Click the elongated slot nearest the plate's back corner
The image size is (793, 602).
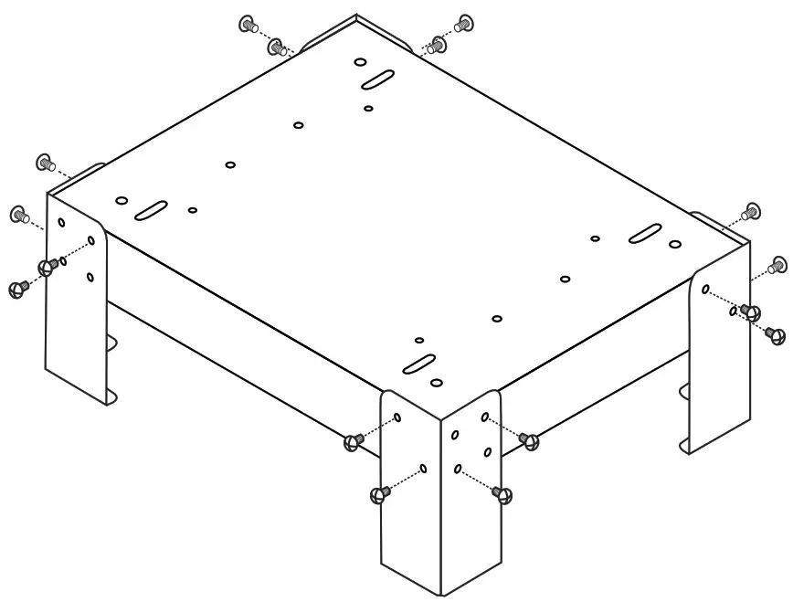[377, 79]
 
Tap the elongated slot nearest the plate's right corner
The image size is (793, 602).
[645, 233]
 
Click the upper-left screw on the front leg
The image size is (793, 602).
[354, 443]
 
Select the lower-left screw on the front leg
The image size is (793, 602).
[378, 494]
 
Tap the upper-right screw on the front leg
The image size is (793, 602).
[529, 441]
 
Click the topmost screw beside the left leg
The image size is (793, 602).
[43, 162]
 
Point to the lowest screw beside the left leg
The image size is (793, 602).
[16, 289]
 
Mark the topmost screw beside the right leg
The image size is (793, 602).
[753, 212]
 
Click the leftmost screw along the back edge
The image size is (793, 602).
[248, 24]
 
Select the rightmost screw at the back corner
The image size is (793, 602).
[464, 23]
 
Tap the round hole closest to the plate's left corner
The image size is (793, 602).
[122, 199]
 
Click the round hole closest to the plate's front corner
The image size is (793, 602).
[437, 382]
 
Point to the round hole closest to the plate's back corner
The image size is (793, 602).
[361, 63]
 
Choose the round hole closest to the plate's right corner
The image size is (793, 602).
[674, 244]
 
